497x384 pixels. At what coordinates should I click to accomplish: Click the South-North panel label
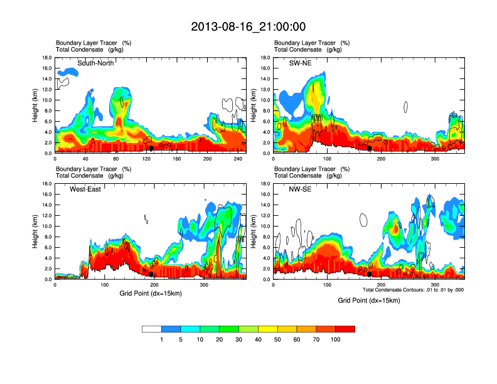click(x=95, y=63)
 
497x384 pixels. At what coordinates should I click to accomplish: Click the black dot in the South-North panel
click(x=151, y=148)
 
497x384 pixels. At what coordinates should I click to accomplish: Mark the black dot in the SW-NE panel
click(x=370, y=149)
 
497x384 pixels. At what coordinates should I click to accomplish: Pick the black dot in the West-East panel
click(x=151, y=274)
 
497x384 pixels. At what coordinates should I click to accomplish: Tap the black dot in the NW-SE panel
click(x=370, y=274)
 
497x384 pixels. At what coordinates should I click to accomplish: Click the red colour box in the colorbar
click(x=346, y=329)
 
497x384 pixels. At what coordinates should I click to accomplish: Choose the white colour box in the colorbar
click(x=152, y=329)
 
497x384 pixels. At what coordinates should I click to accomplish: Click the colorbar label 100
click(x=336, y=339)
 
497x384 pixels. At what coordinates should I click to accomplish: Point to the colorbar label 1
click(x=161, y=339)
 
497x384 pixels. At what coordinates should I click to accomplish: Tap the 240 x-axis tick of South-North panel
click(x=238, y=159)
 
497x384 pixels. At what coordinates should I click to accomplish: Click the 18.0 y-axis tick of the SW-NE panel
click(x=265, y=58)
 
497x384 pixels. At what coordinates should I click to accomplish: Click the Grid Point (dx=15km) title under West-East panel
click(x=150, y=293)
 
